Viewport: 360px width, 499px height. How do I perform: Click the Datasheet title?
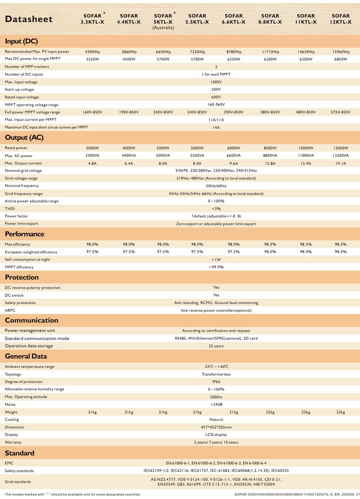[29, 19]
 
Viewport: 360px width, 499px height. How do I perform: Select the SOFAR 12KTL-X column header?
[341, 19]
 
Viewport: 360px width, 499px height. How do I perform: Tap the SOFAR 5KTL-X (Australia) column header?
[163, 21]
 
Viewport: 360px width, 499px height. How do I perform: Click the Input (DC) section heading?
[21, 41]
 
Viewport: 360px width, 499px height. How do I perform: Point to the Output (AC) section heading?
[24, 137]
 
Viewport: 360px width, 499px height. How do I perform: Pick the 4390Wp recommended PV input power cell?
[93, 52]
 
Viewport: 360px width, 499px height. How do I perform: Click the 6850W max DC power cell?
[341, 59]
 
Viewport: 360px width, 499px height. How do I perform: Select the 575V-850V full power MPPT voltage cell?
[341, 112]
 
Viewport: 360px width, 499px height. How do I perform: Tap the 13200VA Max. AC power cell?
[341, 155]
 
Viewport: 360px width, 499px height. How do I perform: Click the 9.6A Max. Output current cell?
[234, 163]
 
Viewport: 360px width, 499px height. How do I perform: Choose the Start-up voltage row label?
[19, 90]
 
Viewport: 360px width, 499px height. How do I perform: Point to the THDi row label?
[10, 209]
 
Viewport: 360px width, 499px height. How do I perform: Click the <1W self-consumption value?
[216, 259]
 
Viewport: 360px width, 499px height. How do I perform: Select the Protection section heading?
[22, 277]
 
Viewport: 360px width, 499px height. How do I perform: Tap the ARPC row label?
[10, 310]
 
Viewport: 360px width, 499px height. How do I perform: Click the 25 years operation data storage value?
[216, 346]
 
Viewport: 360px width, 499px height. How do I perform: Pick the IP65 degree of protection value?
[216, 382]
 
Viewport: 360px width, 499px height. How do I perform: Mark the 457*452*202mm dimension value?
[216, 427]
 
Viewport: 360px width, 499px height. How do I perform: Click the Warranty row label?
[13, 443]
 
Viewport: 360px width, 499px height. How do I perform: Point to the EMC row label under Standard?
[9, 463]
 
